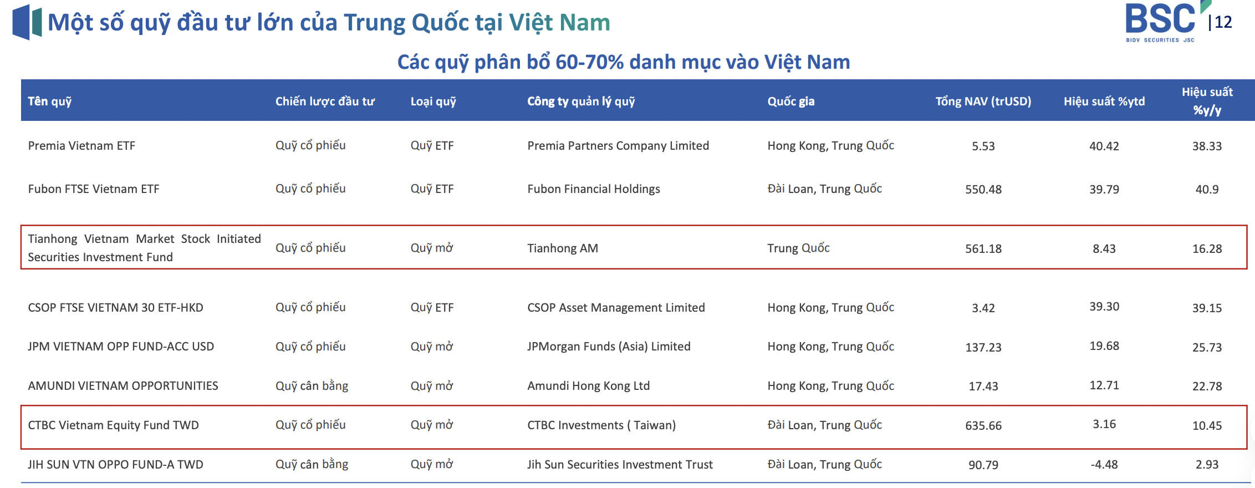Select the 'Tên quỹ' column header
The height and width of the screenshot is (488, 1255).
pos(50,101)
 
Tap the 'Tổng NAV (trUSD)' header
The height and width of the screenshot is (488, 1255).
pos(983,101)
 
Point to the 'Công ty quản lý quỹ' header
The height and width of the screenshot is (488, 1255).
pos(581,101)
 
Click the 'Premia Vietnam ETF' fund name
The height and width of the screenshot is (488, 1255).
pos(81,146)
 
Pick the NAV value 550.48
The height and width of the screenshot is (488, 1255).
pos(983,190)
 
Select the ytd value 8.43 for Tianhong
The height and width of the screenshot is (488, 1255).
pos(1104,249)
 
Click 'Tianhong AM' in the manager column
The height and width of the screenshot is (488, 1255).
pos(563,248)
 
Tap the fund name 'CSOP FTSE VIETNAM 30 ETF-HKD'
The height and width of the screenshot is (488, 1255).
pos(115,308)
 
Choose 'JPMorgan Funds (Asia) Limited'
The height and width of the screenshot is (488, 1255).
pos(609,347)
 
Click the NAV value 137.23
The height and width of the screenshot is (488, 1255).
pos(983,348)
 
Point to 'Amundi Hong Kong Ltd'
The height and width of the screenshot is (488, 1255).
pos(588,386)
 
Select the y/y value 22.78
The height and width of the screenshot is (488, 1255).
pos(1207,387)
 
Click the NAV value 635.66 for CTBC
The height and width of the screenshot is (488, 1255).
pos(983,426)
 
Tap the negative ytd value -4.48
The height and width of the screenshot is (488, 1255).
pos(1104,465)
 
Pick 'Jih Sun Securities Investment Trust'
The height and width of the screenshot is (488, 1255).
pos(620,465)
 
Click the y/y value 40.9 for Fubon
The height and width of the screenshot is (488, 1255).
pos(1207,190)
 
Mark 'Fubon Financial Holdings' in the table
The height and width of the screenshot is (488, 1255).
pos(594,189)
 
